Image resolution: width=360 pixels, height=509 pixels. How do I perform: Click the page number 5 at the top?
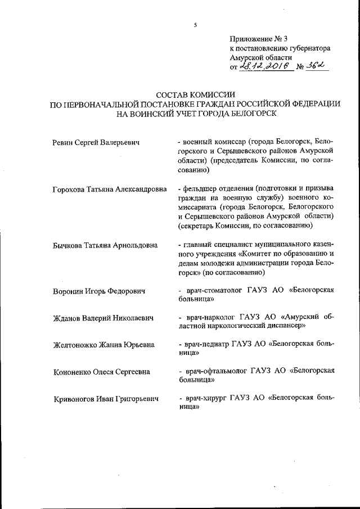pos(195,25)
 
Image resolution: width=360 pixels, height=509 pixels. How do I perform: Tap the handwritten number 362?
pos(318,66)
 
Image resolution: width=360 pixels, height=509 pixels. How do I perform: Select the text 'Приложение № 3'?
pos(258,39)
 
